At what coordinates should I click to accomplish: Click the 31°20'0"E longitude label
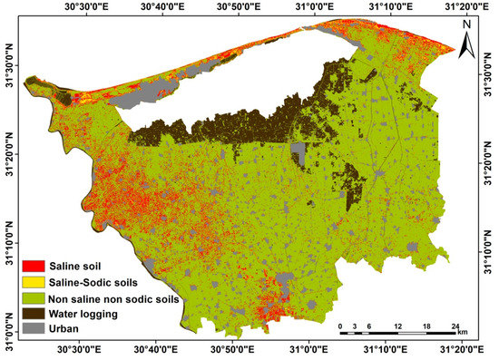(463, 5)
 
